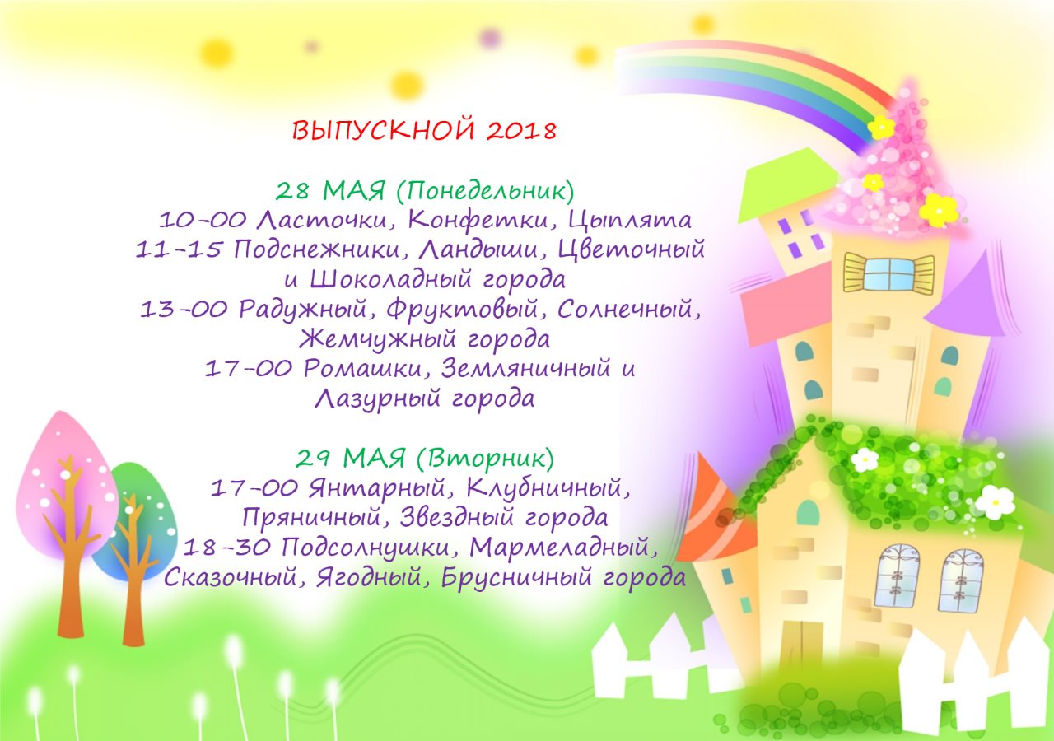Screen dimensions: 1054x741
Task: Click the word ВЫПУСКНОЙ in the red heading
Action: (x=383, y=130)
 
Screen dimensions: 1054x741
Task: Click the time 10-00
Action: (x=203, y=220)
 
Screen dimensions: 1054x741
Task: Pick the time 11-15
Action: (x=179, y=249)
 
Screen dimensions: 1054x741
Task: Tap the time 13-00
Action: (x=184, y=309)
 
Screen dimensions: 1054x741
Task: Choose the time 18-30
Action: (x=226, y=547)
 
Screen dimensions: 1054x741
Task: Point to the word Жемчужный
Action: (x=377, y=339)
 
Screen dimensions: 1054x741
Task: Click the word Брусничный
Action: (x=516, y=577)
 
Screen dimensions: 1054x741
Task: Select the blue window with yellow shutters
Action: (x=889, y=273)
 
